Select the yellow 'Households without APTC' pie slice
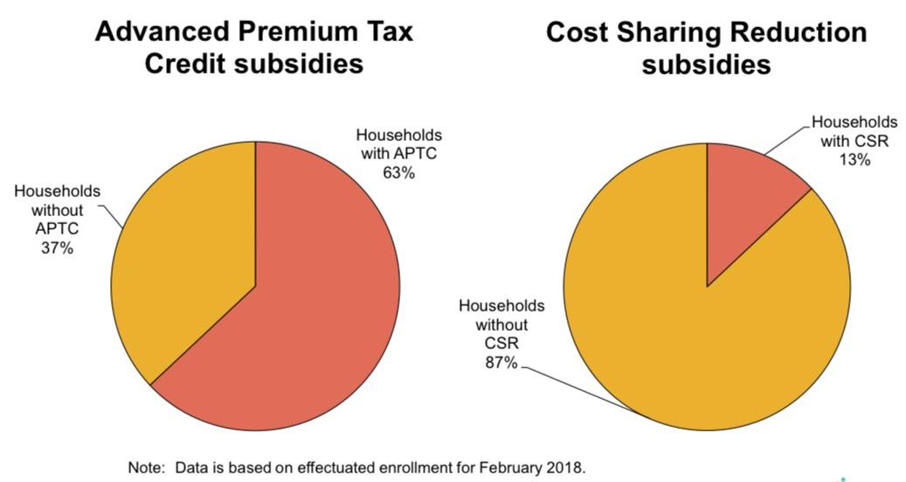coord(183,254)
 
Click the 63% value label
coord(398,172)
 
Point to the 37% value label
coord(57,248)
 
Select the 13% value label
coord(854,159)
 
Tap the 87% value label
coord(501,361)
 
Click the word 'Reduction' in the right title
coord(800,33)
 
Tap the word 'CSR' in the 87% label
coord(501,343)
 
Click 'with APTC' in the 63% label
coord(398,154)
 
